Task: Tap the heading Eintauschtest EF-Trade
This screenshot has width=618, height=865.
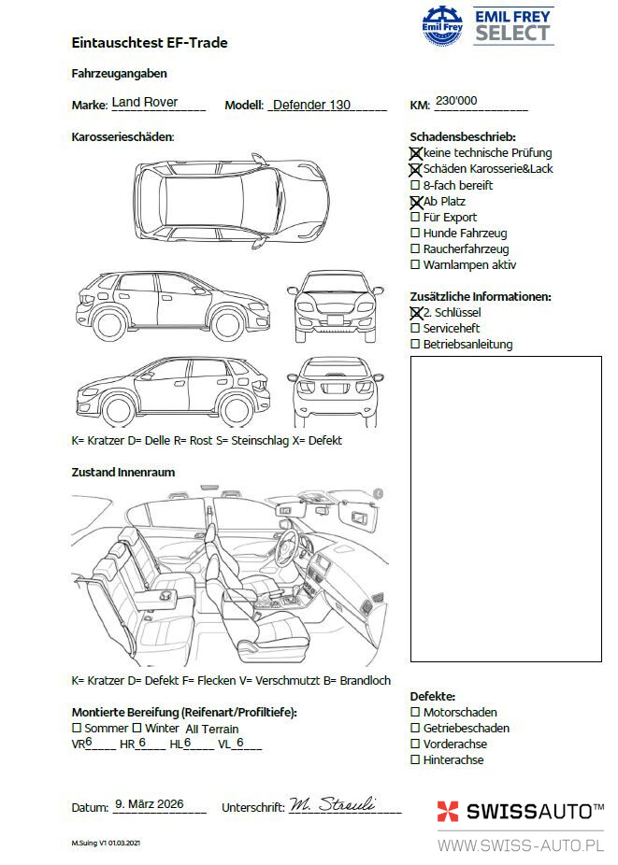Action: coord(150,43)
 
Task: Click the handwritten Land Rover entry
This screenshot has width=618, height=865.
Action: coord(145,102)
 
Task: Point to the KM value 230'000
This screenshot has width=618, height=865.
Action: coord(456,101)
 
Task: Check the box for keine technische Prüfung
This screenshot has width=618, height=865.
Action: coord(416,153)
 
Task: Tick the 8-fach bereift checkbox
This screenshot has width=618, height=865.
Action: coord(415,186)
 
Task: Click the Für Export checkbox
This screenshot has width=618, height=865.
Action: coord(415,218)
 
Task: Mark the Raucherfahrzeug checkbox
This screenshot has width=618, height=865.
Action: coord(415,249)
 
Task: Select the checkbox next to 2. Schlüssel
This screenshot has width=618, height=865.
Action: coord(416,313)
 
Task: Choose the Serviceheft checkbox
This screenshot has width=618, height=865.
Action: coord(415,329)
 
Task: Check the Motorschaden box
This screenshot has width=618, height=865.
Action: coord(415,713)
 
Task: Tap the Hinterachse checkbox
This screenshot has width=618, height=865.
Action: coord(415,760)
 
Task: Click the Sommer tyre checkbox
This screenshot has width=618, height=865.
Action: coord(77,728)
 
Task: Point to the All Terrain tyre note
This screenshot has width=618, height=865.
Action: coord(212,729)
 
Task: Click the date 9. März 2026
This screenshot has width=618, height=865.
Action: coord(149,803)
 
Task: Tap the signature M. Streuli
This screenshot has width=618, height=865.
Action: coord(332,804)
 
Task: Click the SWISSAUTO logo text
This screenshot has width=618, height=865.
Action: coord(534,811)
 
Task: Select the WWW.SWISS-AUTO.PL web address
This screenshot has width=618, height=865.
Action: coord(521,845)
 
